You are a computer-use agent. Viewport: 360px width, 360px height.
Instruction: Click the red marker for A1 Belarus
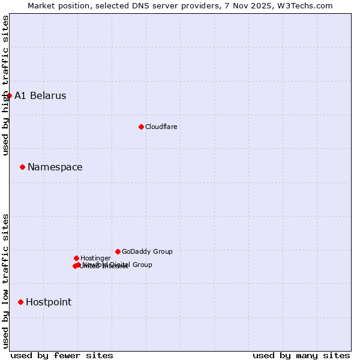[x=9, y=95]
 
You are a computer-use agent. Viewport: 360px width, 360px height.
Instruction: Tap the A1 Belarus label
[x=40, y=96]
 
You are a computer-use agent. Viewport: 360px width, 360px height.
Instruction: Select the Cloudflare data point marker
[x=141, y=127]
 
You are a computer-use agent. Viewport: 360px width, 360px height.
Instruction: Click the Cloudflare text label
[x=161, y=127]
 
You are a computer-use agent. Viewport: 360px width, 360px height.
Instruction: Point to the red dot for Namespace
[x=22, y=167]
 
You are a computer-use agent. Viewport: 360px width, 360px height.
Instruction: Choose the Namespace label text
[x=55, y=167]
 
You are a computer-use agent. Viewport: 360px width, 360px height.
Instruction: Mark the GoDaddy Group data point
[x=118, y=251]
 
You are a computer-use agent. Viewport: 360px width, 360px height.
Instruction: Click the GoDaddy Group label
[x=147, y=251]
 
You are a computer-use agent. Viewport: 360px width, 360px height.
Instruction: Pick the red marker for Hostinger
[x=76, y=258]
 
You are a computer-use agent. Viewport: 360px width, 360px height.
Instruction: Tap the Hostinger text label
[x=95, y=258]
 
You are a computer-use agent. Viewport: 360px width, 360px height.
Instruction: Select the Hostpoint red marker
[x=20, y=302]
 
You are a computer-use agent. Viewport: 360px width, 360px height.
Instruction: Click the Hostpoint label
[x=49, y=302]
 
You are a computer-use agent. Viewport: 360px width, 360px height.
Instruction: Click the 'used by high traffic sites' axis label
[x=5, y=85]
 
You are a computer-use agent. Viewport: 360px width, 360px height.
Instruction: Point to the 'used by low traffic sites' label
[x=5, y=280]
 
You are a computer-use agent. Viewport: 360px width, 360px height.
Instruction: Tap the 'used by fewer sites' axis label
[x=62, y=355]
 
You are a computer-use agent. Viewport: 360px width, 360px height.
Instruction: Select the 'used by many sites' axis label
[x=301, y=355]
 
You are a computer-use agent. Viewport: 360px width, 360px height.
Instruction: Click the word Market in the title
[x=41, y=5]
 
